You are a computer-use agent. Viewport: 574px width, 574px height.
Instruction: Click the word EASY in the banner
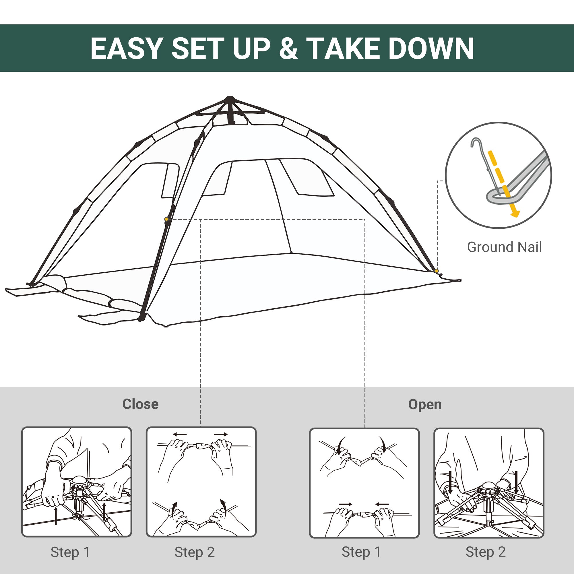(x=127, y=49)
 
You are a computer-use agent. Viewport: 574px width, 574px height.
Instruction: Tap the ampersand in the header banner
(x=288, y=49)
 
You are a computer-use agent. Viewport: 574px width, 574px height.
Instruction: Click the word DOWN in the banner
(x=431, y=49)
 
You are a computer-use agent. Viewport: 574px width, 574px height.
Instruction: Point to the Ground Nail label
(x=504, y=247)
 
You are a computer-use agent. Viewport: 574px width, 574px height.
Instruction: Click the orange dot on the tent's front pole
(x=166, y=219)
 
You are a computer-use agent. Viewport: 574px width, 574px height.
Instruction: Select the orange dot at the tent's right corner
(x=436, y=271)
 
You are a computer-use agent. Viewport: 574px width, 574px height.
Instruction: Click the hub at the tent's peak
(x=230, y=100)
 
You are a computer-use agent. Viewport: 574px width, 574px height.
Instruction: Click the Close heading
(x=140, y=404)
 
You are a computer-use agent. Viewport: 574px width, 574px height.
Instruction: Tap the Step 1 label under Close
(x=70, y=552)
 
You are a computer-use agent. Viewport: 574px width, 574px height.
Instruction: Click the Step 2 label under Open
(x=486, y=552)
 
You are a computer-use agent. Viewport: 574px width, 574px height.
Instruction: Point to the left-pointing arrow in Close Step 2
(x=180, y=434)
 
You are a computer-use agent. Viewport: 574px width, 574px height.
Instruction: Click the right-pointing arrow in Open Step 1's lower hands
(x=346, y=504)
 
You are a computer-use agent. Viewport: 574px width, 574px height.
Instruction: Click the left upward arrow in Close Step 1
(x=56, y=516)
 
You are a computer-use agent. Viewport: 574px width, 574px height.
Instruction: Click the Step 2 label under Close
(x=195, y=552)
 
